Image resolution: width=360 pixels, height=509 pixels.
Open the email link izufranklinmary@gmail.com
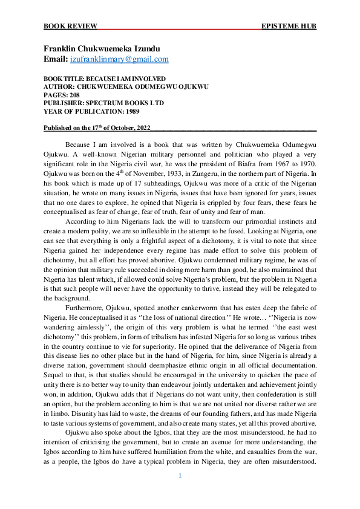119,59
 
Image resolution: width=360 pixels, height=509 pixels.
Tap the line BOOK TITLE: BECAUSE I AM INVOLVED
105,79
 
